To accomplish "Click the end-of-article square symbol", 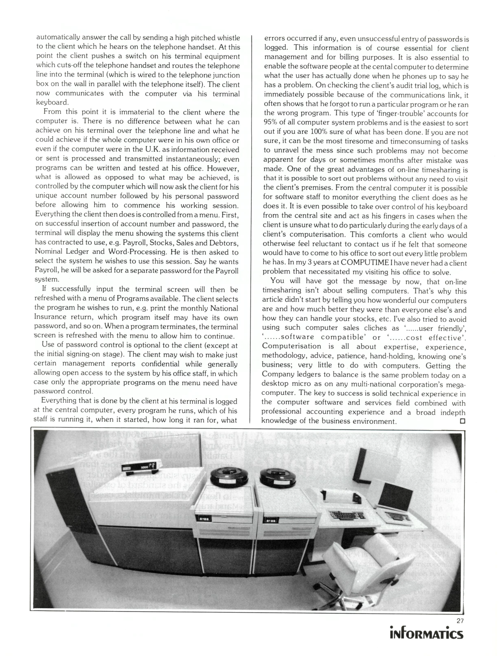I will pyautogui.click(x=462, y=421).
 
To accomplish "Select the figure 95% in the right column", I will pyautogui.click(x=272, y=123).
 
